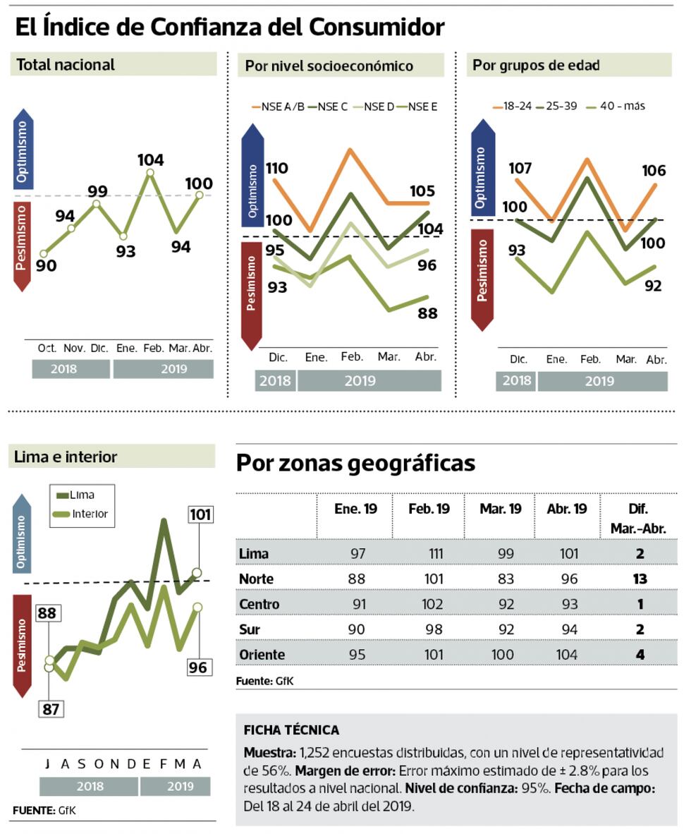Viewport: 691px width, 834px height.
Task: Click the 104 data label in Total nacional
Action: click(150, 160)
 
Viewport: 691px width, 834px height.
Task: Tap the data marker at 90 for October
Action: click(44, 253)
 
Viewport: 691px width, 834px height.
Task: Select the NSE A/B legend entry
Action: click(279, 107)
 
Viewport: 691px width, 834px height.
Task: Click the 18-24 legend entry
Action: click(513, 107)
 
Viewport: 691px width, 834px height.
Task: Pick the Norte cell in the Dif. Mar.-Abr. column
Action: click(640, 579)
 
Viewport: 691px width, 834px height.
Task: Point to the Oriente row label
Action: click(262, 655)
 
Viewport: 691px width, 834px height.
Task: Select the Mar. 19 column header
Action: click(500, 509)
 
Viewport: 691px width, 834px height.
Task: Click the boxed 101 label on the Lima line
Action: click(200, 514)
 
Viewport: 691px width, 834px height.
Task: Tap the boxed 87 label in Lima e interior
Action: click(50, 708)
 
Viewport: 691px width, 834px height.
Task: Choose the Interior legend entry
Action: click(82, 514)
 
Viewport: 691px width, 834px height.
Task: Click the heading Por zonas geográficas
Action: click(355, 464)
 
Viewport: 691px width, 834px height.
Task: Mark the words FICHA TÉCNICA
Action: click(291, 730)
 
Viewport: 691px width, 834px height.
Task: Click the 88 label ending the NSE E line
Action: click(427, 313)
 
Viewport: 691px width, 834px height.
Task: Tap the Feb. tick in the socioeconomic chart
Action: click(353, 357)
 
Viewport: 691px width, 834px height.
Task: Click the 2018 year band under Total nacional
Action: click(63, 369)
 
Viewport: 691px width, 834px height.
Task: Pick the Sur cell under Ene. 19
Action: click(357, 630)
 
